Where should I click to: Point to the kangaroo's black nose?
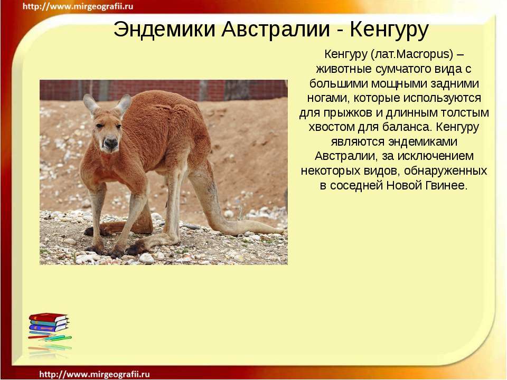tap(110, 142)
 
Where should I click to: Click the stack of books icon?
tap(49, 330)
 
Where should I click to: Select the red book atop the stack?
tap(48, 317)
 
